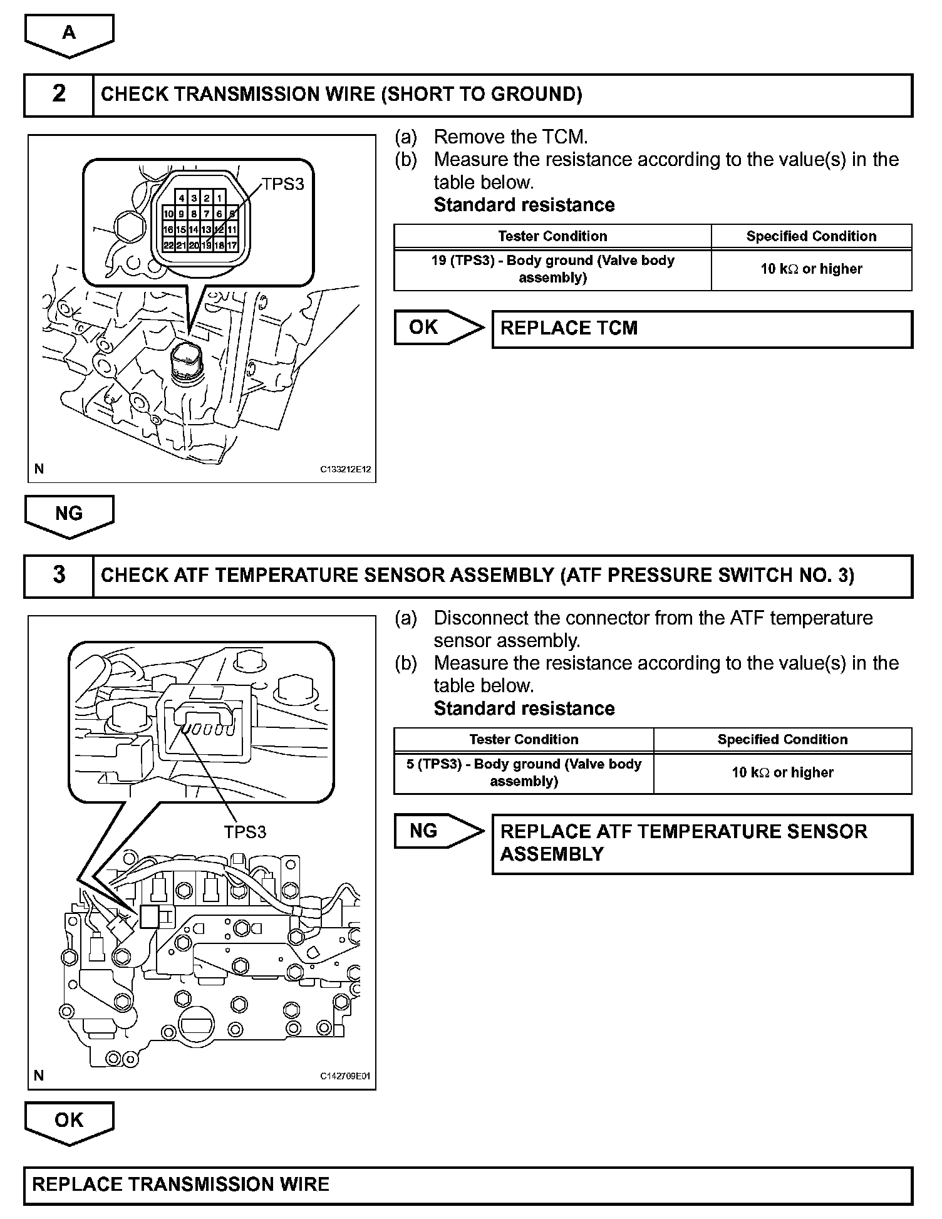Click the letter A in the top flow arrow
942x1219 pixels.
(69, 33)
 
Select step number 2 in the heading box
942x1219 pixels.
(59, 94)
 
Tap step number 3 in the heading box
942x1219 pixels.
(59, 575)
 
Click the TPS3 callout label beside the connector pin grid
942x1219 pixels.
(283, 184)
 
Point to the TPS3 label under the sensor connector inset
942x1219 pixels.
(245, 832)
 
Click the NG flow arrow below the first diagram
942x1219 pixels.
(69, 514)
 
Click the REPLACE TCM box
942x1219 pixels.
(701, 329)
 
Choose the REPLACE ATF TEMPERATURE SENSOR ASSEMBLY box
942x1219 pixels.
(701, 843)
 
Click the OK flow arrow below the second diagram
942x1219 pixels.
(69, 1121)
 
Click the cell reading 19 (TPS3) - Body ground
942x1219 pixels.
(552, 269)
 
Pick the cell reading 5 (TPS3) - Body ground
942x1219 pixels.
(524, 773)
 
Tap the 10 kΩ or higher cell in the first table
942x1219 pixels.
(811, 269)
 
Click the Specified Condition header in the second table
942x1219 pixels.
(782, 739)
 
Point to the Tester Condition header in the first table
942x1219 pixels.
(552, 236)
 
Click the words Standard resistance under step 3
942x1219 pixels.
(524, 708)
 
